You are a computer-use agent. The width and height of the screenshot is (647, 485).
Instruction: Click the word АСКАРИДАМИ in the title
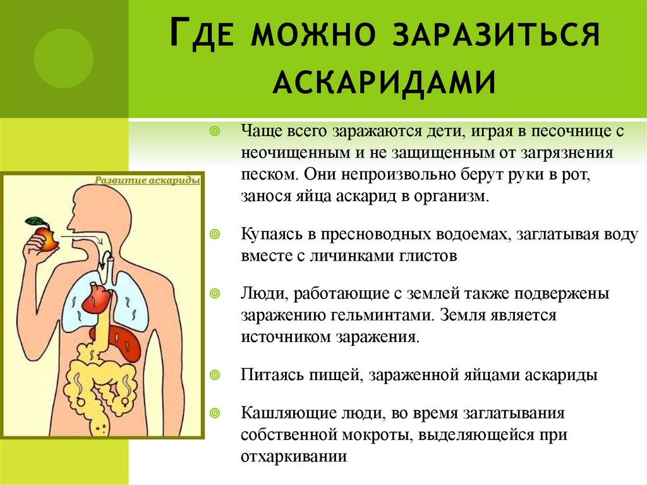(x=384, y=82)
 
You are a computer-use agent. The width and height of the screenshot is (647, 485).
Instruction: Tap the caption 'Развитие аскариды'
(x=147, y=181)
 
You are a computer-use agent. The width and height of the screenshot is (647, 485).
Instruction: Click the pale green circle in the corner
(x=64, y=58)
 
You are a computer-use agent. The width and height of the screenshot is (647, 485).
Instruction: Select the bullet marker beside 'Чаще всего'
(x=215, y=132)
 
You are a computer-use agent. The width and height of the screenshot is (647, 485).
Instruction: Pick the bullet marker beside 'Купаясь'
(x=215, y=235)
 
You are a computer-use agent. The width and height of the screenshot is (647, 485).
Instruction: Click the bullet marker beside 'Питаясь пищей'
(x=215, y=375)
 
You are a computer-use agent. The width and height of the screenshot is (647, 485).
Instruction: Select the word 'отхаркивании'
(x=294, y=457)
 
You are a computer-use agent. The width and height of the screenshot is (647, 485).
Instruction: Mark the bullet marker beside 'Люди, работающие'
(x=215, y=294)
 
